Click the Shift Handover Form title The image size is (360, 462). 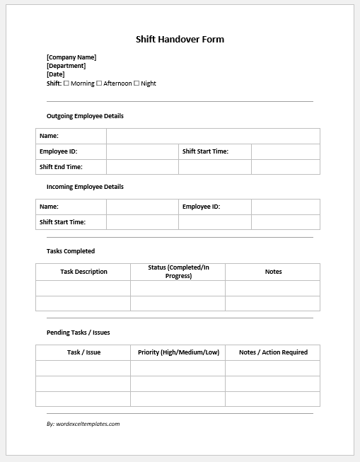180,40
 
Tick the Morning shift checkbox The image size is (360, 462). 66,83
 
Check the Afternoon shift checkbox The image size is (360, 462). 99,83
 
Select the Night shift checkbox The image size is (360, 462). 137,83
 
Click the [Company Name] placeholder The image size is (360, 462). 71,57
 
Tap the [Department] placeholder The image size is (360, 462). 66,66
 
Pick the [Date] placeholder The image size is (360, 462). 55,74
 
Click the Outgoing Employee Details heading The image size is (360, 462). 85,116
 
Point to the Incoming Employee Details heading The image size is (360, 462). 85,187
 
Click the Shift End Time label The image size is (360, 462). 61,167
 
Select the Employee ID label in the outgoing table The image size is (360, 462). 58,151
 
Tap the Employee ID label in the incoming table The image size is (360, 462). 201,207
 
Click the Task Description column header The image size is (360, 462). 83,272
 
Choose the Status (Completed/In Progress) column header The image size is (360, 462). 178,272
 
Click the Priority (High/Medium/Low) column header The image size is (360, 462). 178,352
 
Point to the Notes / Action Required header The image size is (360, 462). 273,352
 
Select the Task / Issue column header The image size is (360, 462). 83,352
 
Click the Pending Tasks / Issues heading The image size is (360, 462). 78,333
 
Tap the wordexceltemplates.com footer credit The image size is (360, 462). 83,424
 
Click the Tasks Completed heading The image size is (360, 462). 71,251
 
